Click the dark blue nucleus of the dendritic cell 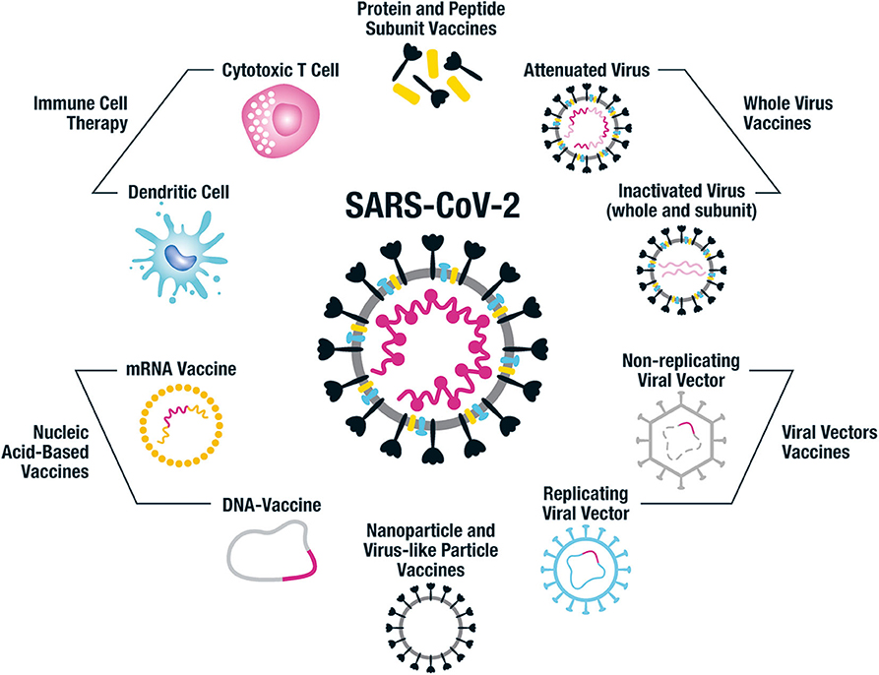[182, 259]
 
